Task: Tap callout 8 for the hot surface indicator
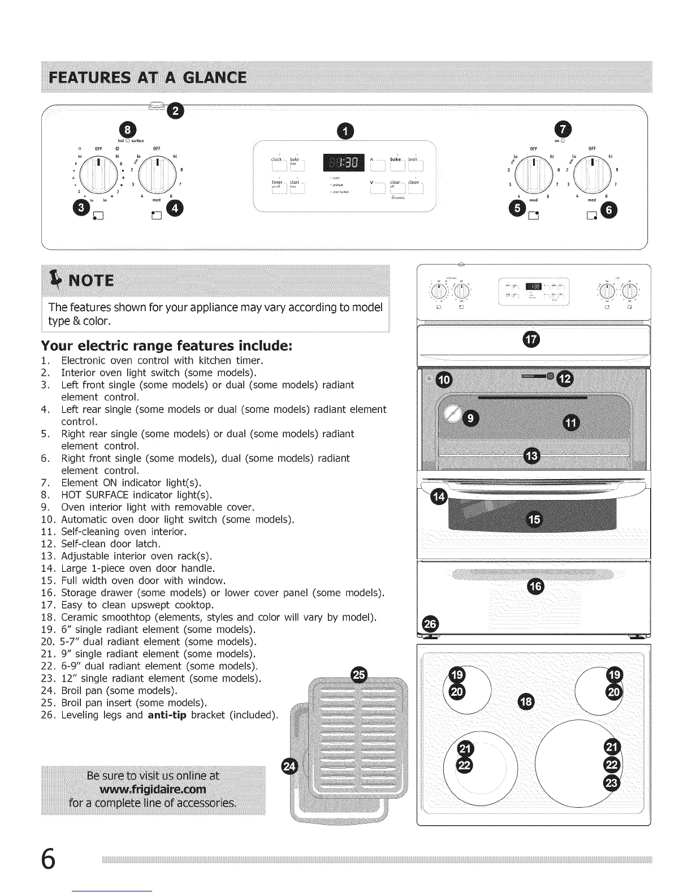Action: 124,129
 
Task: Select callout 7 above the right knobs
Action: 563,129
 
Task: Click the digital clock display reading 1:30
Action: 344,163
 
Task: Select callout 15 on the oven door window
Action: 534,519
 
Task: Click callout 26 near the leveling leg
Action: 430,624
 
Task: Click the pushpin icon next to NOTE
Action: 56,278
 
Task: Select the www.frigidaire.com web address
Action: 153,789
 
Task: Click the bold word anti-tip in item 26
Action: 167,715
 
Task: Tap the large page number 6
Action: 49,860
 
